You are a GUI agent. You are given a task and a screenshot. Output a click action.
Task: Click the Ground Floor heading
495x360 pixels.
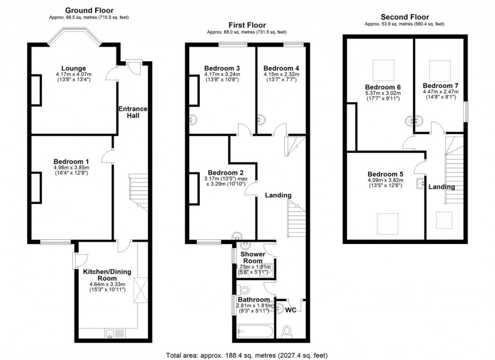[x=89, y=10]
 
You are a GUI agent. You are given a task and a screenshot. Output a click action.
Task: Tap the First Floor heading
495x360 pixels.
[x=247, y=25]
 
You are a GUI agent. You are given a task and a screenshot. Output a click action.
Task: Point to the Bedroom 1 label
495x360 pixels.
[x=71, y=161]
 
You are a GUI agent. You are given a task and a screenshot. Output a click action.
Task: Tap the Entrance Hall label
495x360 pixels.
[x=133, y=112]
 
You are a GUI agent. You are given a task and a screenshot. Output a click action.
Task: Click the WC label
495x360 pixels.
[x=291, y=310]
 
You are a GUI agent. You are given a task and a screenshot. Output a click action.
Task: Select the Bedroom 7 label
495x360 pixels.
[x=440, y=86]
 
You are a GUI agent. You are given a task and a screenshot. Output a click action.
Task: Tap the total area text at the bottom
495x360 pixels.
[x=247, y=354]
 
